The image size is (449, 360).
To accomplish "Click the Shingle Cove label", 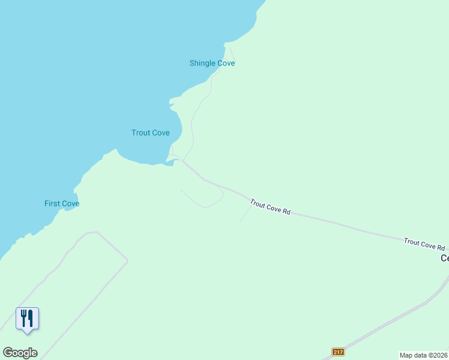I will [212, 63].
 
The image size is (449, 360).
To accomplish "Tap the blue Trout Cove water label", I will [151, 133].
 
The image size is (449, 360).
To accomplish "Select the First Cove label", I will [62, 203].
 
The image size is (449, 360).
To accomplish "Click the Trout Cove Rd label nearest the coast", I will [270, 208].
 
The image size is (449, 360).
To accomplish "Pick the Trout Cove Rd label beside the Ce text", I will [424, 244].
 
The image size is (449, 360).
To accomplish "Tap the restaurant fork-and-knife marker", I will [27, 318].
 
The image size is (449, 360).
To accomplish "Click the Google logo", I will [20, 353].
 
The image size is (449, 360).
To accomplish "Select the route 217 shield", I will [338, 352].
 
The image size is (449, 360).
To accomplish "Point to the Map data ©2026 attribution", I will [424, 355].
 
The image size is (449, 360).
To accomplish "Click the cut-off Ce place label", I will [444, 258].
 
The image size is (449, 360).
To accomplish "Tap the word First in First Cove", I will [52, 203].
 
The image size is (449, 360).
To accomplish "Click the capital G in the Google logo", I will [8, 353].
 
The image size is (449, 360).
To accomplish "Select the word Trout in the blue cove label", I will [141, 133].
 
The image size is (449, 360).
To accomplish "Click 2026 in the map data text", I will [439, 355].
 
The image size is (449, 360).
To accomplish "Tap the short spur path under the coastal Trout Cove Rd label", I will [244, 215].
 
